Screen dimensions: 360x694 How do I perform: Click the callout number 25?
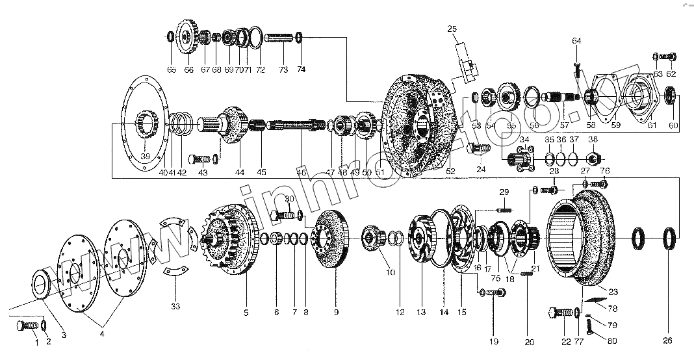click(x=452, y=29)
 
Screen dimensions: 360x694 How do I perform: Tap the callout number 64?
click(x=576, y=41)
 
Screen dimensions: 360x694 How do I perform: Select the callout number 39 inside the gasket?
click(x=145, y=155)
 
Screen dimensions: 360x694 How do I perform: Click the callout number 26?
click(x=667, y=340)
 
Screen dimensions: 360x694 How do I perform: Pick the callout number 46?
click(x=301, y=173)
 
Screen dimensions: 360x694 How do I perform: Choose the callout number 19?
click(x=493, y=340)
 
